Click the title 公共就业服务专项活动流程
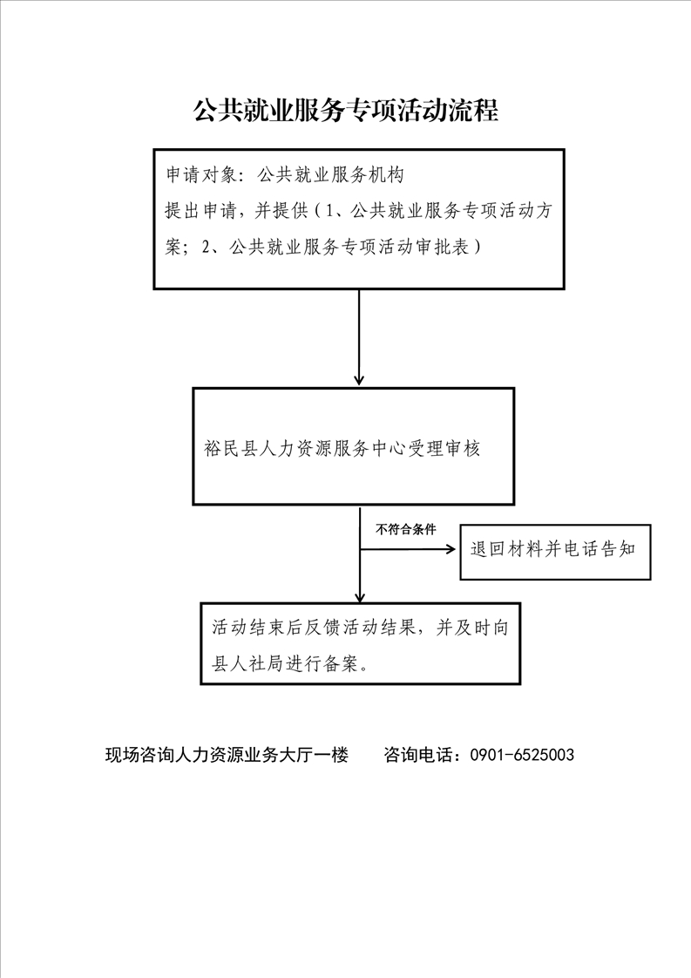pyautogui.click(x=345, y=110)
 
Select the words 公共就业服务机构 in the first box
pyautogui.click(x=330, y=174)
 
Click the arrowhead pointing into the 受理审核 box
pyautogui.click(x=359, y=379)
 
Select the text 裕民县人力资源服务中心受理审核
pyautogui.click(x=342, y=448)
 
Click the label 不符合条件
pyautogui.click(x=405, y=530)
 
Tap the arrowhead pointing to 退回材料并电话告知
pyautogui.click(x=451, y=549)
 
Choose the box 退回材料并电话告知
pyautogui.click(x=555, y=553)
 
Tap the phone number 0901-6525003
pyautogui.click(x=522, y=755)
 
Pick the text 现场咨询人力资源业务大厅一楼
pyautogui.click(x=227, y=755)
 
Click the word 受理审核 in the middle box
pyautogui.click(x=444, y=448)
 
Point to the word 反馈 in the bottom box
pyautogui.click(x=322, y=627)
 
